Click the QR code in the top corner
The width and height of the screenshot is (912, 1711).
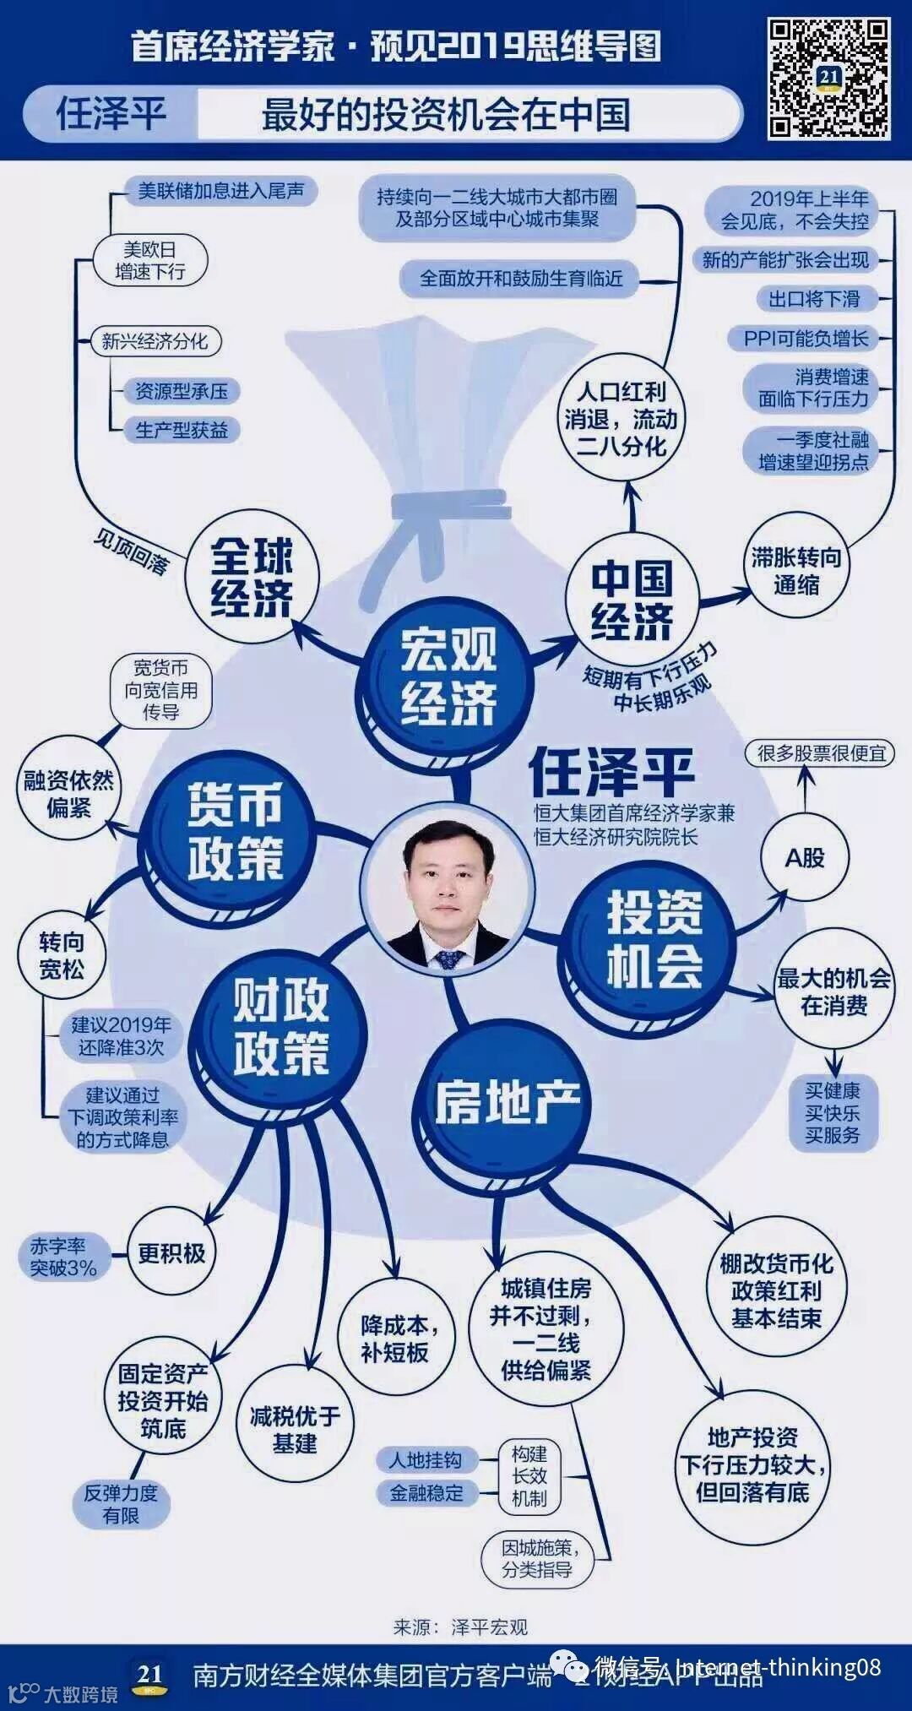pos(828,79)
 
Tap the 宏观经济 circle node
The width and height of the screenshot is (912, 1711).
pos(448,676)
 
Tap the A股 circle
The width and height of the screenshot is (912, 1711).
pos(804,858)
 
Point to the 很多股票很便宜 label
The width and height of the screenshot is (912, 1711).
pos(820,752)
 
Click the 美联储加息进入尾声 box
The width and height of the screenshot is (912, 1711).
pos(220,191)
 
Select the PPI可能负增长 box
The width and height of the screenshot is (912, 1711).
pos(805,339)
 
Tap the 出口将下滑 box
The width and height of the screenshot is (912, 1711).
pos(813,299)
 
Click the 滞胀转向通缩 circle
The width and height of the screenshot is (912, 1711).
pos(795,570)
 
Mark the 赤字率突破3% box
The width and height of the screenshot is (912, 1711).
pos(63,1257)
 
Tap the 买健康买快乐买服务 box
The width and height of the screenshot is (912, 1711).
pos(832,1112)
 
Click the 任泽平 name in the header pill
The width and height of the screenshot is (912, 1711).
pos(111,114)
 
